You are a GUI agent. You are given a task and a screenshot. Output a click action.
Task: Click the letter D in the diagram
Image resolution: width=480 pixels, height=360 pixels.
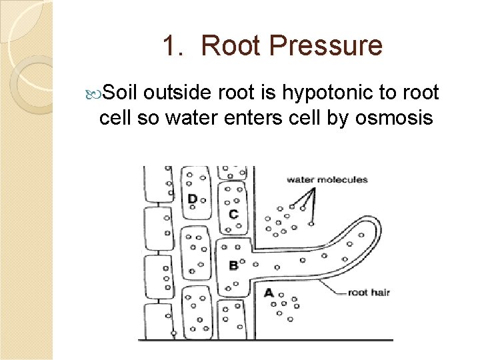click(192, 199)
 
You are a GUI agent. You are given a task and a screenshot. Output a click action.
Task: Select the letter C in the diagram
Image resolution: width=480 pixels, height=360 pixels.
click(233, 214)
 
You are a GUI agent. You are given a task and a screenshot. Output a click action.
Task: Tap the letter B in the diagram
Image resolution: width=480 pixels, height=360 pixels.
click(233, 265)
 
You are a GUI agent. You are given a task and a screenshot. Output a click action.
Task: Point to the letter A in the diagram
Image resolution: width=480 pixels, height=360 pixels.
click(268, 293)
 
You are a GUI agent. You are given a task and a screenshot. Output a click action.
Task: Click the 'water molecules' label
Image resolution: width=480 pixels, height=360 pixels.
click(327, 179)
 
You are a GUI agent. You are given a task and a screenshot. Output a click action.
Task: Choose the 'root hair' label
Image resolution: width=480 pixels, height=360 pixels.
click(369, 293)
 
